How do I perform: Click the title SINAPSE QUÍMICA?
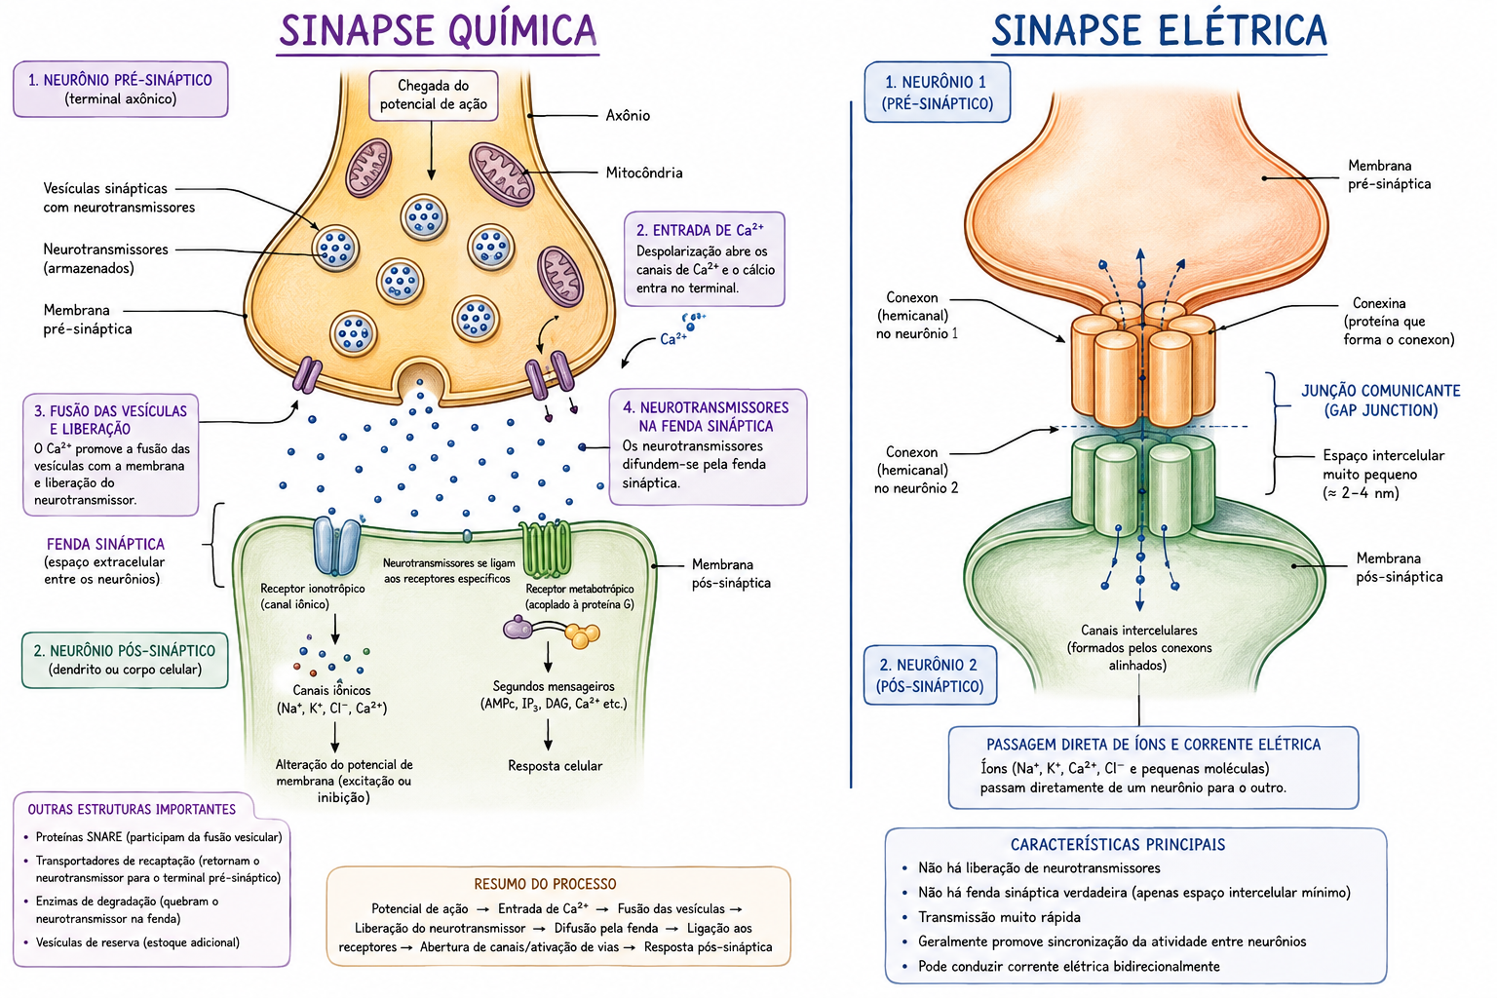pos(438,30)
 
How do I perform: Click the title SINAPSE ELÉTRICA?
pos(1159,30)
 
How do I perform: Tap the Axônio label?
pos(628,116)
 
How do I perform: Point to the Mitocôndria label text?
pos(644,173)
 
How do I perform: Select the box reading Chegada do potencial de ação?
pos(433,96)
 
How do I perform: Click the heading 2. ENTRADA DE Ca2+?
pos(700,230)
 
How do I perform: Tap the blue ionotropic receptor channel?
pos(336,546)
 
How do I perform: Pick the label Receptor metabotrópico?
pos(580,589)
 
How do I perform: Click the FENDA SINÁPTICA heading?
pos(105,544)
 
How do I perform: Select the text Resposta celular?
pos(555,766)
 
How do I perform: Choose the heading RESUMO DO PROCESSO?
pos(546,884)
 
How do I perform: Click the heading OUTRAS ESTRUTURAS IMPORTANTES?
pos(132,810)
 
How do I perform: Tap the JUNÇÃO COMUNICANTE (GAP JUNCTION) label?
pos(1381,401)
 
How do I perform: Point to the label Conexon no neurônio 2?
pos(915,471)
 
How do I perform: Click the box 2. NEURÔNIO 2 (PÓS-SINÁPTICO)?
pos(931,675)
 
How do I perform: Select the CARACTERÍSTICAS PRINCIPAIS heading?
pos(1118,845)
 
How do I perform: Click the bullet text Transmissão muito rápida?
pos(999,917)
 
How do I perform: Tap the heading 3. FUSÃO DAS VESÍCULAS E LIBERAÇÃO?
pos(110,420)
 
